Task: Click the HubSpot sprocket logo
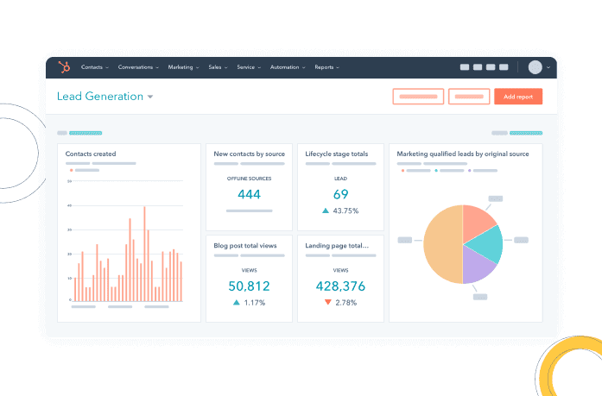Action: (62, 67)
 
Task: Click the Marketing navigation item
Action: (181, 67)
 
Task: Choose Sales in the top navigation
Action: (215, 67)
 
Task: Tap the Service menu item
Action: (246, 67)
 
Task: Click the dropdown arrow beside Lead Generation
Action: (150, 97)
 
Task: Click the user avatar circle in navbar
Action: (535, 67)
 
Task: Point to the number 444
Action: (249, 195)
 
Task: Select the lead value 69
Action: (340, 194)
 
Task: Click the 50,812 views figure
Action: (249, 286)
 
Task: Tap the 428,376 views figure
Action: (340, 286)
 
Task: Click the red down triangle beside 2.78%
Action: (327, 303)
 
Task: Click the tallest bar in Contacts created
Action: (144, 255)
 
